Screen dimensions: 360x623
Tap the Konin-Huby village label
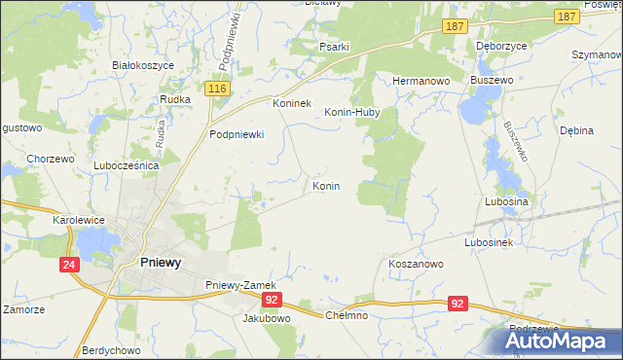click(351, 112)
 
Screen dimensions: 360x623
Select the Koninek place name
click(290, 103)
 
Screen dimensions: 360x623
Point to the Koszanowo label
click(416, 264)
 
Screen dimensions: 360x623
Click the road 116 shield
click(218, 89)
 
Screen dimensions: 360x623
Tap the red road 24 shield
click(69, 265)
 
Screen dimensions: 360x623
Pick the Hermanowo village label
click(419, 81)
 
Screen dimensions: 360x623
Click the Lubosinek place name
click(490, 241)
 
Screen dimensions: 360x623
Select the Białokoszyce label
click(142, 65)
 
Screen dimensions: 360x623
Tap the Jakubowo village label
click(267, 318)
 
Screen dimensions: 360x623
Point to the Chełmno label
click(346, 315)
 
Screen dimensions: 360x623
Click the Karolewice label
click(79, 221)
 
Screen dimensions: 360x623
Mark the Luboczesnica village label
click(126, 166)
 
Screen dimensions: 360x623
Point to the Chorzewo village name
click(51, 159)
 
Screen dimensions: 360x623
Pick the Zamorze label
click(23, 309)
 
